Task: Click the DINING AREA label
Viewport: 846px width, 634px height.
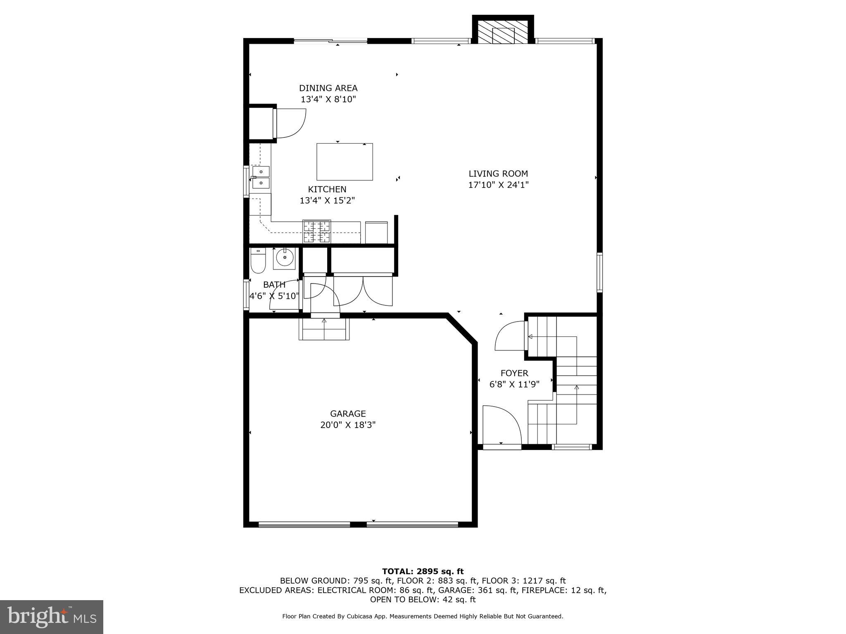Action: [328, 88]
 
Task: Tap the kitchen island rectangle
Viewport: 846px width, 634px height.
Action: [345, 162]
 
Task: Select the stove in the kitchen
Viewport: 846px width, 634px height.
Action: [317, 232]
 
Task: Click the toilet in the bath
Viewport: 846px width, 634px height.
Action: [258, 261]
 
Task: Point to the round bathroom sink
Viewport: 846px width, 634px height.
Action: [285, 258]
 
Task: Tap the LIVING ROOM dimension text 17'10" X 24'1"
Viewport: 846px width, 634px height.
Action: [498, 185]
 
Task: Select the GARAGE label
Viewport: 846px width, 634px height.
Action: [348, 414]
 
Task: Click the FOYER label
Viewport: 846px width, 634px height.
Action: [514, 373]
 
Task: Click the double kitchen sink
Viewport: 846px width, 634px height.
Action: [261, 177]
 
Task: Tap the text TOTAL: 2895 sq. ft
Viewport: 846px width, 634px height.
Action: [423, 571]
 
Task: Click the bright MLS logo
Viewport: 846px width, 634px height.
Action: [52, 617]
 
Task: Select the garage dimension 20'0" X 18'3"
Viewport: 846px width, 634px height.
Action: [348, 425]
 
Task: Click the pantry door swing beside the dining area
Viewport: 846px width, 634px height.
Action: [290, 123]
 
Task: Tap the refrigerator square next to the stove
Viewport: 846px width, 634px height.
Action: [376, 232]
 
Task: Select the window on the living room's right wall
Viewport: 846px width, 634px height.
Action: [599, 272]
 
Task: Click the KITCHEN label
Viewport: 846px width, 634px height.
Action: [327, 189]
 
